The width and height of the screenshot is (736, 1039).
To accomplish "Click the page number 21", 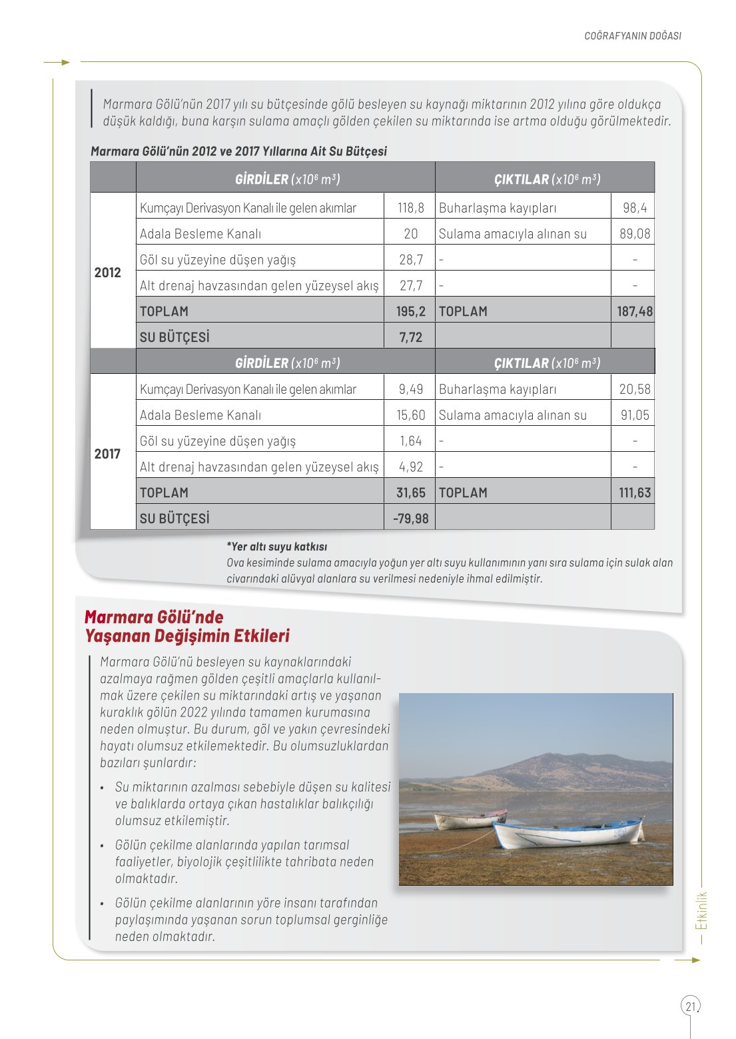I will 690,1006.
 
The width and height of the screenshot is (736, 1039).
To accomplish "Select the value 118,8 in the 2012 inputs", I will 410,208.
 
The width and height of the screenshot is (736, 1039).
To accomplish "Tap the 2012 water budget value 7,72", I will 410,337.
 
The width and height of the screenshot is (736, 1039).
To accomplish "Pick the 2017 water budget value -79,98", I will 410,519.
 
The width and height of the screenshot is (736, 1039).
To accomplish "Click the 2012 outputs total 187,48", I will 634,311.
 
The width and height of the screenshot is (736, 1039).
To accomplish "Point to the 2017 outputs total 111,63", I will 634,493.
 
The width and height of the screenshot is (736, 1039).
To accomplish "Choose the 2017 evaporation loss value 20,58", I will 634,389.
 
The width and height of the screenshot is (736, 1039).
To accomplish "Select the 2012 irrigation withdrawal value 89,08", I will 634,234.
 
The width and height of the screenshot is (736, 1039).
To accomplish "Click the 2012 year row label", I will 108,273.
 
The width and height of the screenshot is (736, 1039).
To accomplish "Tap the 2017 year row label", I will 108,454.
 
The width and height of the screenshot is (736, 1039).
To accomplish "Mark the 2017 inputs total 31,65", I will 410,493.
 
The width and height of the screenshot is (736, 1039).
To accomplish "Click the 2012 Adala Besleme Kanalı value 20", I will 410,234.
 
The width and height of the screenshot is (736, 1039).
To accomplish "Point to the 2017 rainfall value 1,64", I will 410,441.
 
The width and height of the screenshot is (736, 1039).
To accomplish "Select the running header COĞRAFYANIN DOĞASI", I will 632,36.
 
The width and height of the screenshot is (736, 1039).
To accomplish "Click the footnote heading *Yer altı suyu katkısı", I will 276,546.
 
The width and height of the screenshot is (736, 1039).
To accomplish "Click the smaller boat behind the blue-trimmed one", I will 470,819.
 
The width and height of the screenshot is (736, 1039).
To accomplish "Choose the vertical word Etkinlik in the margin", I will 701,911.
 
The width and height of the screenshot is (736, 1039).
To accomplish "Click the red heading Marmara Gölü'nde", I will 154,617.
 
